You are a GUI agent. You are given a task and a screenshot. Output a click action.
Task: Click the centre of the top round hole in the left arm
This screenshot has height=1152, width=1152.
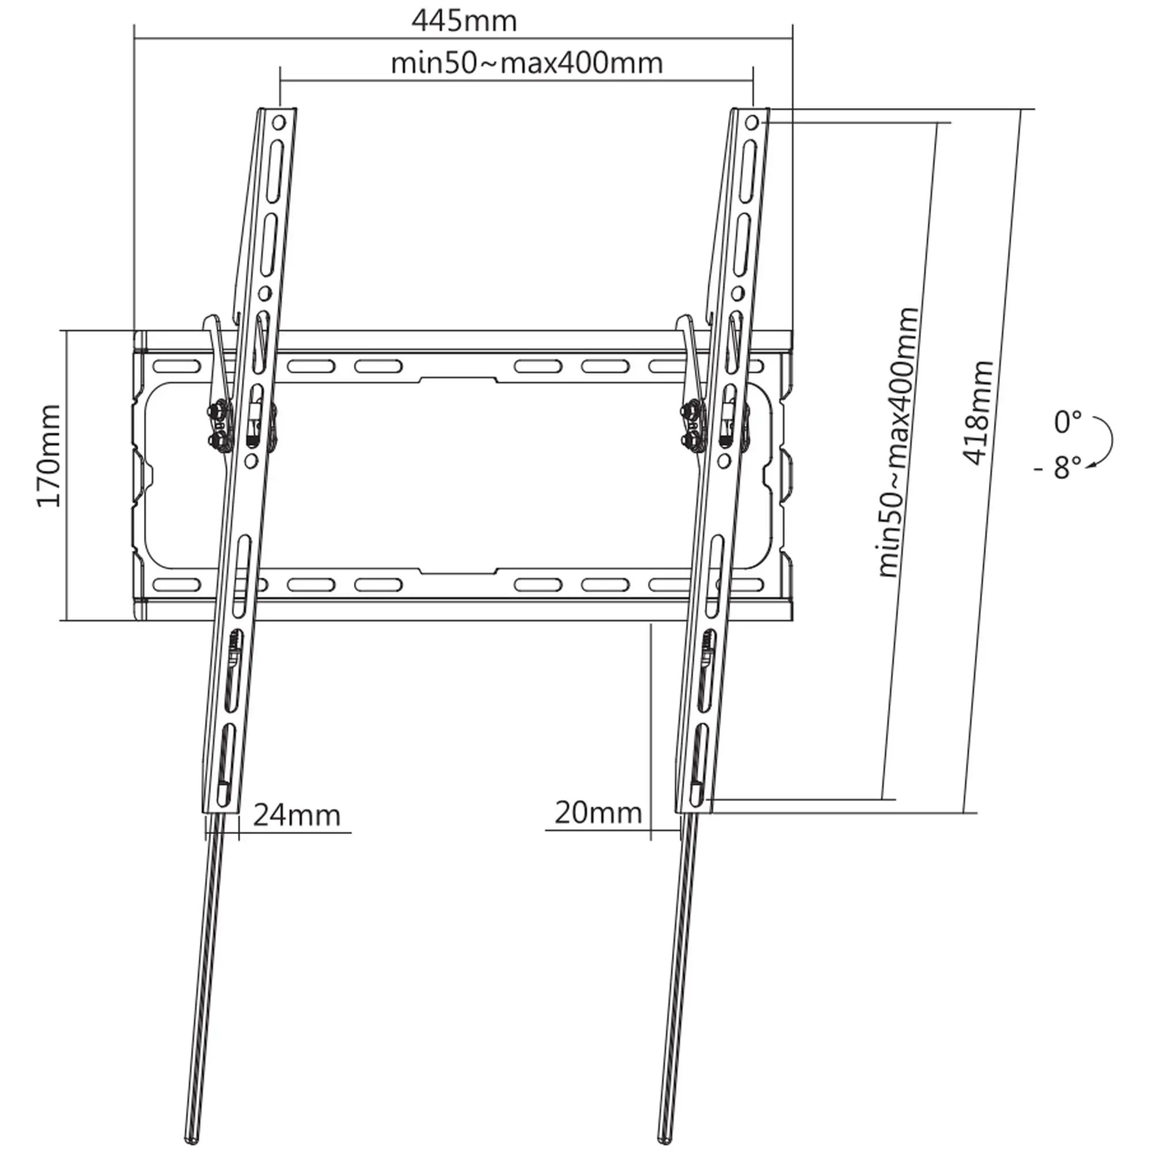279,123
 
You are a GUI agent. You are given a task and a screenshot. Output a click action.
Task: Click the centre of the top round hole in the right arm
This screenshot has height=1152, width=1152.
752,123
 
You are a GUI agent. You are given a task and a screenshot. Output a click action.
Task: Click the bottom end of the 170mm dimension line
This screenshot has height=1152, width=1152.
67,621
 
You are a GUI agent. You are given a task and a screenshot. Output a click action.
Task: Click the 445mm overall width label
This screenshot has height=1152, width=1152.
464,21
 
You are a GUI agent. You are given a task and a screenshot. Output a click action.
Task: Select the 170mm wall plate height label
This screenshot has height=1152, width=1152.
49,456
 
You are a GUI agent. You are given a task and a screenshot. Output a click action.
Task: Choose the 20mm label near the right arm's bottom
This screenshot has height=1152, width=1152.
598,812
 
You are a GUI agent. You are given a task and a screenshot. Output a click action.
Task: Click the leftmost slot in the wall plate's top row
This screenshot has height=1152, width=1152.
176,366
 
